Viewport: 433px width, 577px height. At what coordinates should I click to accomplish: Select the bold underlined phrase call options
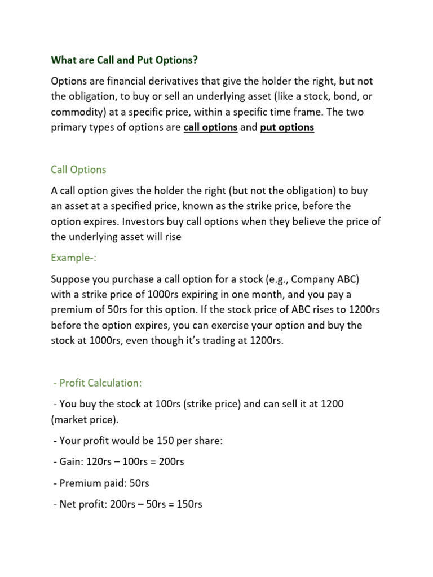tap(210, 127)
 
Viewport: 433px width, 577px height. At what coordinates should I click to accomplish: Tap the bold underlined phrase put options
tap(287, 127)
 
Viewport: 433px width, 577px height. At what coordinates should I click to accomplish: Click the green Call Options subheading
tap(78, 170)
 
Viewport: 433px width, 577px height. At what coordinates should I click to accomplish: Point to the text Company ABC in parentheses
tap(326, 279)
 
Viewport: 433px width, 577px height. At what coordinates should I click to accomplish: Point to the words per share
tap(198, 441)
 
